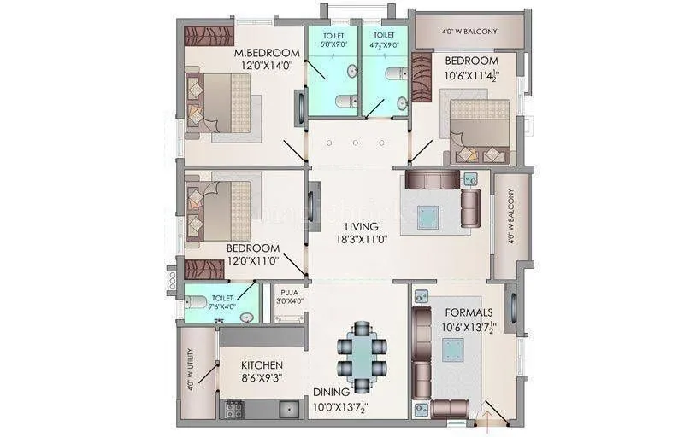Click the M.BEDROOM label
(x=267, y=53)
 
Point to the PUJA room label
(x=288, y=292)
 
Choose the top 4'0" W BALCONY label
(x=469, y=32)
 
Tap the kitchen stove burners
(x=233, y=411)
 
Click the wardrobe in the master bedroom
(x=206, y=38)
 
